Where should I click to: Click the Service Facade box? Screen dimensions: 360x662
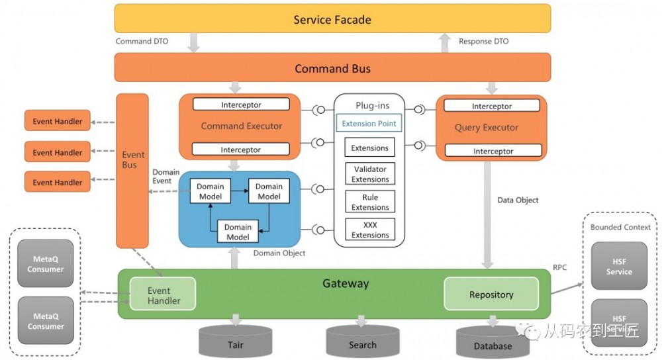point(332,19)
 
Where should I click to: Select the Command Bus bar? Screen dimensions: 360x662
point(332,68)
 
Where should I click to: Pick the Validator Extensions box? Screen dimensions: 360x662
point(370,174)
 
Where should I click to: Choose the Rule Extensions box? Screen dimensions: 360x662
point(370,202)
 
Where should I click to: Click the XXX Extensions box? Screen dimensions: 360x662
point(370,230)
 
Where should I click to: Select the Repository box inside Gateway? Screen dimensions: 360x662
point(491,294)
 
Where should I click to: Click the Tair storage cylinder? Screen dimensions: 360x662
point(235,343)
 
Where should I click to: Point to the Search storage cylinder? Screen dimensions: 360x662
point(362,343)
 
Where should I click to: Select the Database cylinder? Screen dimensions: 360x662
point(493,343)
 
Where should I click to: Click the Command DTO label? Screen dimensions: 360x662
point(142,41)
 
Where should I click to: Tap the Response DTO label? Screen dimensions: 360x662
point(485,41)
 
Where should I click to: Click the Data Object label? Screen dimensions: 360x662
point(518,200)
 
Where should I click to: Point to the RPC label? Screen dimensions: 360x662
point(560,269)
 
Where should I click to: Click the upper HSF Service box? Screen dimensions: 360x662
point(619,267)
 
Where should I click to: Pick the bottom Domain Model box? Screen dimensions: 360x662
point(238,232)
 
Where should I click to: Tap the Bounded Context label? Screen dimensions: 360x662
point(620,227)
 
